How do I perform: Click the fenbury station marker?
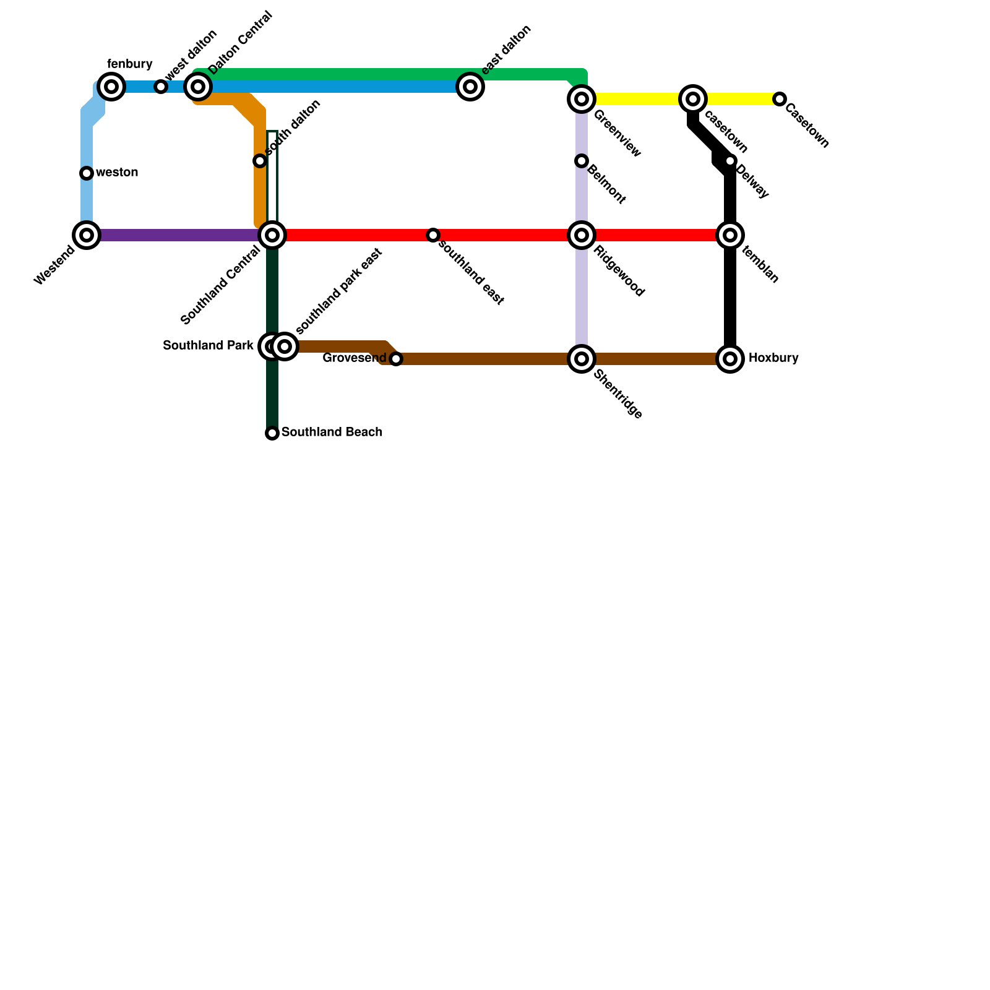pyautogui.click(x=111, y=87)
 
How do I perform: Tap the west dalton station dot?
pyautogui.click(x=161, y=87)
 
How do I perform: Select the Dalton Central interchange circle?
pyautogui.click(x=198, y=87)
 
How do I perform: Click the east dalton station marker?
pyautogui.click(x=470, y=87)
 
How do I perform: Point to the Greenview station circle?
pyautogui.click(x=582, y=99)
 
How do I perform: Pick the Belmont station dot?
pyautogui.click(x=582, y=161)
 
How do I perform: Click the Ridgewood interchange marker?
pyautogui.click(x=582, y=235)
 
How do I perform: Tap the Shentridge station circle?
pyautogui.click(x=582, y=359)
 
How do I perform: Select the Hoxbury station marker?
pyautogui.click(x=730, y=359)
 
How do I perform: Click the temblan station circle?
pyautogui.click(x=730, y=235)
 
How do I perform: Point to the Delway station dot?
pyautogui.click(x=730, y=161)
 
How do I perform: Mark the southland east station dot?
pyautogui.click(x=433, y=235)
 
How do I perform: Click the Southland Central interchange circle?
pyautogui.click(x=272, y=235)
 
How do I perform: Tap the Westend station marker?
pyautogui.click(x=87, y=235)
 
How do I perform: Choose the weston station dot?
pyautogui.click(x=87, y=173)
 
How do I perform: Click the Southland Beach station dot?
pyautogui.click(x=272, y=433)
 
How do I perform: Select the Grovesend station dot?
pyautogui.click(x=396, y=359)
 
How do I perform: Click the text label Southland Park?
pyautogui.click(x=208, y=346)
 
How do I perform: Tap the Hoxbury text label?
pyautogui.click(x=773, y=358)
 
